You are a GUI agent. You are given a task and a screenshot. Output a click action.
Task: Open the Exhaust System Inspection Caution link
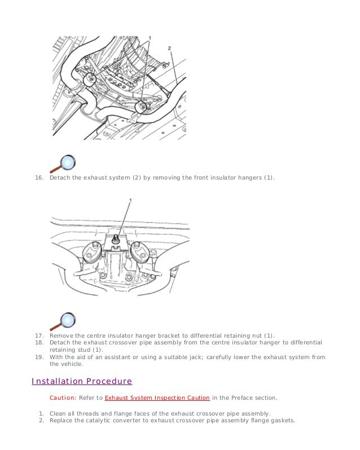(x=157, y=397)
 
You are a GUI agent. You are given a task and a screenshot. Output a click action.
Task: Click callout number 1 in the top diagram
(x=150, y=37)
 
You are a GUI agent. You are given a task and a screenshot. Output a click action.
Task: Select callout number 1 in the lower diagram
(x=130, y=200)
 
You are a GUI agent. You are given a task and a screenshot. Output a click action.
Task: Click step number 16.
(x=39, y=178)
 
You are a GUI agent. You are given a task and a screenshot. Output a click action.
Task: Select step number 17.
(x=39, y=335)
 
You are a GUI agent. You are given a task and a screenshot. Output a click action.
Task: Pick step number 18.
(x=39, y=342)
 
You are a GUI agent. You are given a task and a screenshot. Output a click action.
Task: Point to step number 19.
(x=39, y=357)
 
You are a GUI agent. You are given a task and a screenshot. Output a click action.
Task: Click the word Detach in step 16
(x=59, y=178)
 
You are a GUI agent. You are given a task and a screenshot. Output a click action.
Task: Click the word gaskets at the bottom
(x=283, y=420)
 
